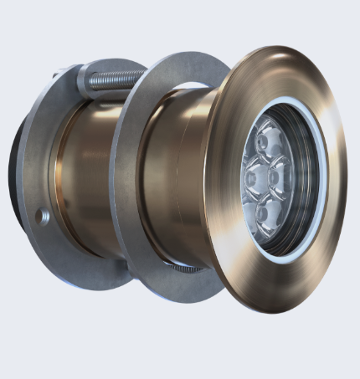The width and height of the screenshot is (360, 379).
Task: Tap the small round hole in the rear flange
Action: tap(44, 217)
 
